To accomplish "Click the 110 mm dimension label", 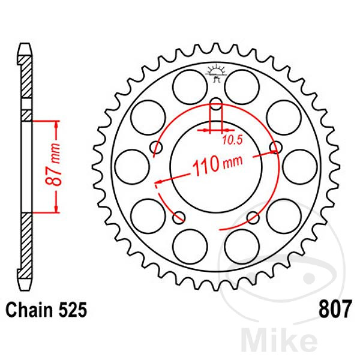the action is click(x=217, y=164).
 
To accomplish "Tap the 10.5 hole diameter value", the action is click(x=232, y=140).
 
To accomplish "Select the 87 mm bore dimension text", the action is click(x=53, y=164).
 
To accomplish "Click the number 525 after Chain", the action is click(x=73, y=310).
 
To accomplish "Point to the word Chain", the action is click(x=29, y=310).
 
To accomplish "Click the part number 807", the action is click(x=335, y=309).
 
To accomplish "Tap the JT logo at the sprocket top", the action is click(x=216, y=73).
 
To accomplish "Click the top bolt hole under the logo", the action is click(x=216, y=104).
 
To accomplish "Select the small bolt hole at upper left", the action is click(x=157, y=147).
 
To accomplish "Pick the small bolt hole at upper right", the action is click(x=276, y=147).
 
